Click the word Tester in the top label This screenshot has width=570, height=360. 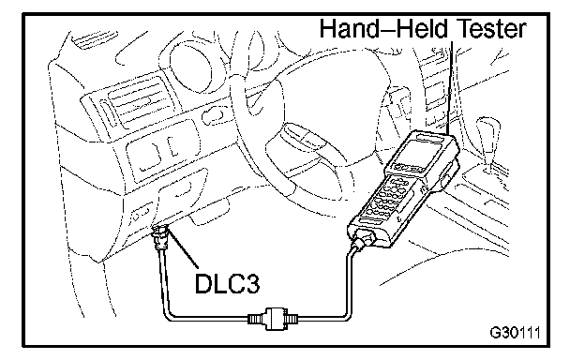490,28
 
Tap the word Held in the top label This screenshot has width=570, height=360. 421,28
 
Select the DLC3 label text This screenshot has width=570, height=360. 228,283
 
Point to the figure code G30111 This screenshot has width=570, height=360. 515,333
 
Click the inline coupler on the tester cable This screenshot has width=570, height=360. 273,319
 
